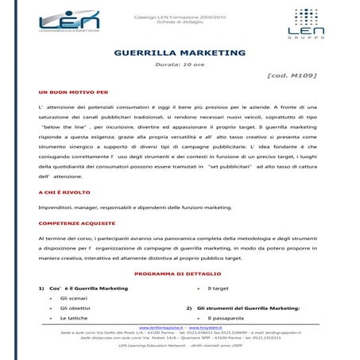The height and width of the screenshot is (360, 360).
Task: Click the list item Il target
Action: tap(218, 288)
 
